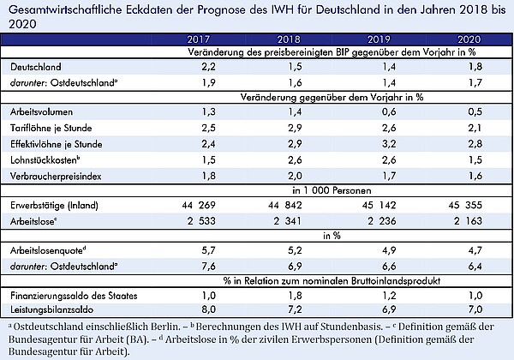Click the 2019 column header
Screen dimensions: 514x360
pyautogui.click(x=379, y=39)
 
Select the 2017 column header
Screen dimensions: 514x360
pyautogui.click(x=199, y=39)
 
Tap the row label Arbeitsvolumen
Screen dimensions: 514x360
pyautogui.click(x=41, y=112)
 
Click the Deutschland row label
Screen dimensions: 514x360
pyautogui.click(x=36, y=67)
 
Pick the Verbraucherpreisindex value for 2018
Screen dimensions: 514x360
pyautogui.click(x=295, y=176)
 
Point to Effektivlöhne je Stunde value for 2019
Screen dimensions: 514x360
pyautogui.click(x=389, y=144)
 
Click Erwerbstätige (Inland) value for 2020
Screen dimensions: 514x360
pyautogui.click(x=465, y=205)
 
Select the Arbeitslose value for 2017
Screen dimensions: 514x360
pyautogui.click(x=201, y=221)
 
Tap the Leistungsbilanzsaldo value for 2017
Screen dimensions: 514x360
pyautogui.click(x=208, y=309)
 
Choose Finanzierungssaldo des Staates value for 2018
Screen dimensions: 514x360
pyautogui.click(x=295, y=296)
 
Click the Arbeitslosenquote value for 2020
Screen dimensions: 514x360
pyautogui.click(x=475, y=250)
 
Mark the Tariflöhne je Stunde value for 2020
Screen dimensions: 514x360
pyautogui.click(x=475, y=128)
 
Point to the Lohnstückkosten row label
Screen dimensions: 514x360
pyautogui.click(x=45, y=160)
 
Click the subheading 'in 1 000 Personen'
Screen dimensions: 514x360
pyautogui.click(x=332, y=190)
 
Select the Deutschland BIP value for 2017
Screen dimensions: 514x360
pyautogui.click(x=208, y=67)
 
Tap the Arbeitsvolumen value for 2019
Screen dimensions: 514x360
pyautogui.click(x=389, y=112)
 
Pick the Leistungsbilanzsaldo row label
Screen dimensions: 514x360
pyautogui.click(x=51, y=309)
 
